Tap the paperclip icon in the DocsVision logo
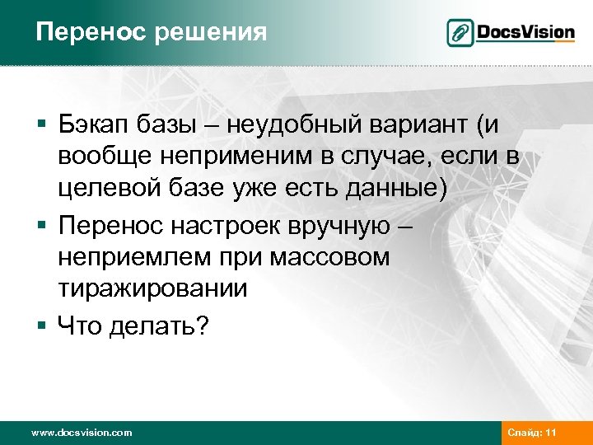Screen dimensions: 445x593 [460, 33]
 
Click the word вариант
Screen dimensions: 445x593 [428, 125]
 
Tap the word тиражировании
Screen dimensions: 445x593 [152, 288]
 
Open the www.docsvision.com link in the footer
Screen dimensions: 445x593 [81, 433]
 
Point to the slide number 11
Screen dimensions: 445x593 [552, 433]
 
